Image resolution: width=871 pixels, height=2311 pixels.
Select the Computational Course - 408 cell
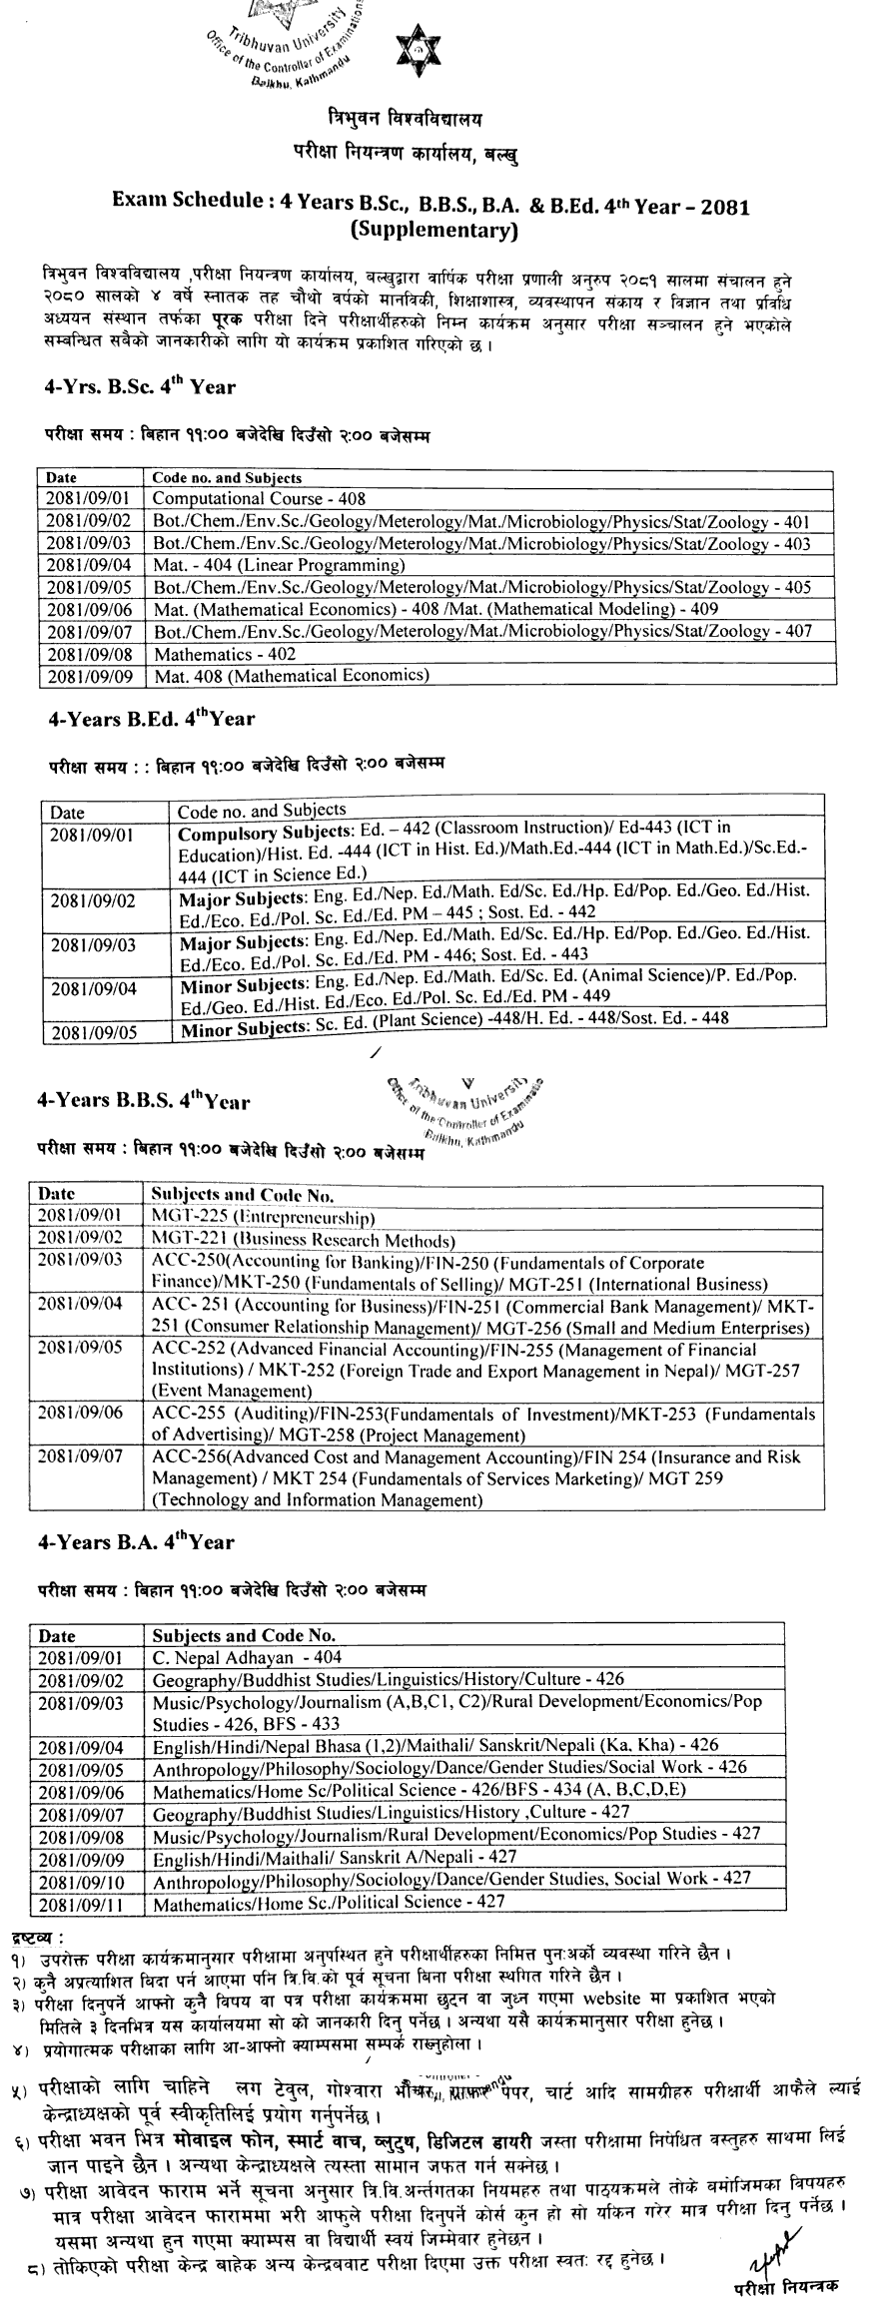pos(259,498)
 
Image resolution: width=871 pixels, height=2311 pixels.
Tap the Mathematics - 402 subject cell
pos(225,654)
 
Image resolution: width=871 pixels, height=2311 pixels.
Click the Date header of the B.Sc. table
pos(61,478)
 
